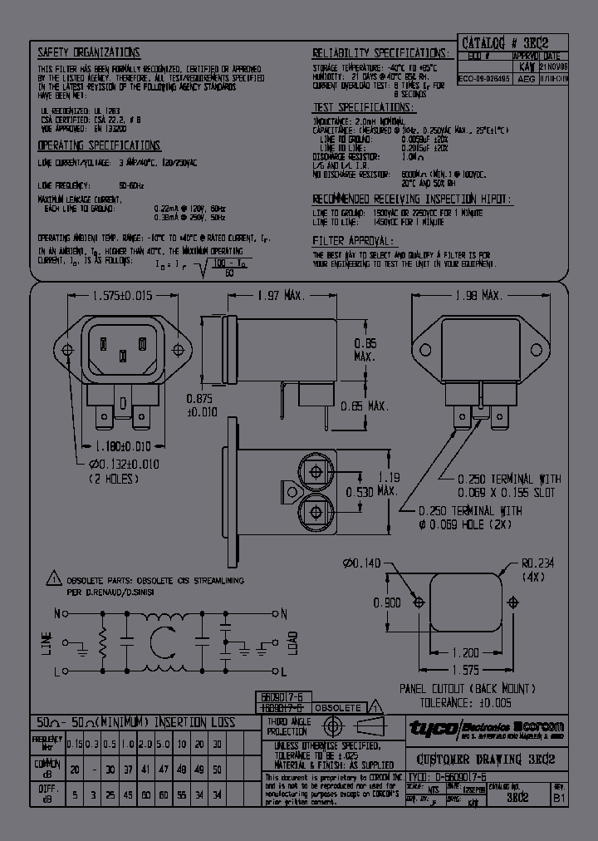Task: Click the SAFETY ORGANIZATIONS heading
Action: coord(89,52)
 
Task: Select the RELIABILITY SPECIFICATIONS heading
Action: coord(380,52)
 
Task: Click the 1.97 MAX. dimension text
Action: coord(278,296)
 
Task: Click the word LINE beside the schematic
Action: coord(46,642)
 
